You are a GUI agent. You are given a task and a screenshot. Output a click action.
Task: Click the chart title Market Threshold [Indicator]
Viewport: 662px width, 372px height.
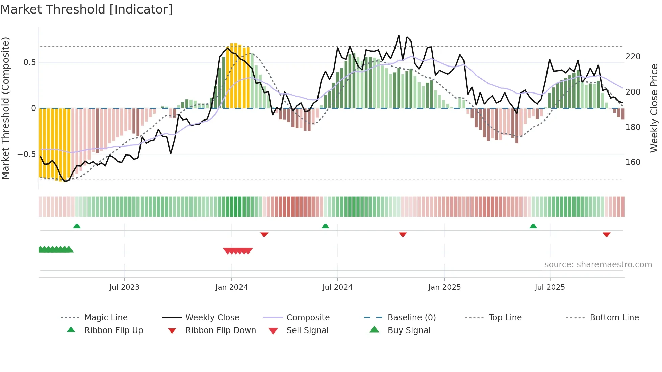(x=86, y=9)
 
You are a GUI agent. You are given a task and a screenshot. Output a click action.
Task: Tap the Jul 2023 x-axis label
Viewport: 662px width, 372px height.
(x=124, y=287)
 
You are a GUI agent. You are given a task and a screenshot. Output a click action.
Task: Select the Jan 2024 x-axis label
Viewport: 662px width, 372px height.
(x=231, y=287)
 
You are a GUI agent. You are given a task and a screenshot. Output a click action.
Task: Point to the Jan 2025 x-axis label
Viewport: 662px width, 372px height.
(x=444, y=287)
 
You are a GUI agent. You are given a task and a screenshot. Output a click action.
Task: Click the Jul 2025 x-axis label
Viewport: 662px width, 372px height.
(x=550, y=287)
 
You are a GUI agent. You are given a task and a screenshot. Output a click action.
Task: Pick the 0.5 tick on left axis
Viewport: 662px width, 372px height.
(x=29, y=62)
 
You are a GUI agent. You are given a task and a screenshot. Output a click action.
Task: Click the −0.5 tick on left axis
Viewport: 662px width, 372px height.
(x=27, y=154)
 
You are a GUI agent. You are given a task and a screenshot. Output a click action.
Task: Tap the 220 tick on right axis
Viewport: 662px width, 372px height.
(x=633, y=57)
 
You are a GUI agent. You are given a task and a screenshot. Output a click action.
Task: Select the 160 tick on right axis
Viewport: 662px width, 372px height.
(x=633, y=162)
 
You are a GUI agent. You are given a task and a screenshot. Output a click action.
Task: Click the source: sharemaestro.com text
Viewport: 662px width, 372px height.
(x=598, y=265)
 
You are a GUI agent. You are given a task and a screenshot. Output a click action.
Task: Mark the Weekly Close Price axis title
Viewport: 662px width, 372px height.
(x=654, y=108)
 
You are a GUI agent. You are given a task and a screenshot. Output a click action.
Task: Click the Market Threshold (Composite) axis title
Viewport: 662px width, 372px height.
(x=5, y=108)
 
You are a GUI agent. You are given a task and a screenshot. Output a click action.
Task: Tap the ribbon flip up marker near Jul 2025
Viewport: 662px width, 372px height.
(x=533, y=226)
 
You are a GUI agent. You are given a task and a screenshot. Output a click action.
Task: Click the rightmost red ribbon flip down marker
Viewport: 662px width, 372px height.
(x=606, y=234)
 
